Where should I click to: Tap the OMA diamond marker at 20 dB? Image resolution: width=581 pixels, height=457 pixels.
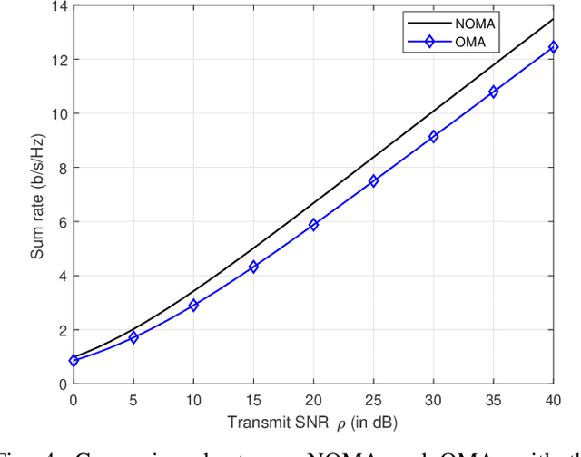click(x=313, y=225)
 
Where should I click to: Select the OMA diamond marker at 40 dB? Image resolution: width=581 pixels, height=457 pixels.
click(x=553, y=47)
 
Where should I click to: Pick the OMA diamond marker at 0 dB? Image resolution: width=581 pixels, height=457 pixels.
click(x=74, y=361)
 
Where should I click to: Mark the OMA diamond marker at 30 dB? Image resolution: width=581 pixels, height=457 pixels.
click(x=433, y=137)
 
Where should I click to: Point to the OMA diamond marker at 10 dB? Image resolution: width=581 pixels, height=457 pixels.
click(x=193, y=306)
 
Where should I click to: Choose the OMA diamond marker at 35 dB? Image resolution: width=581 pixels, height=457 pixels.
click(x=493, y=92)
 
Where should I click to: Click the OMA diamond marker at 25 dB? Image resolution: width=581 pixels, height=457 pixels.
click(x=373, y=181)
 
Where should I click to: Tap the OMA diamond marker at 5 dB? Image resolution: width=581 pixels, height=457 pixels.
click(x=133, y=337)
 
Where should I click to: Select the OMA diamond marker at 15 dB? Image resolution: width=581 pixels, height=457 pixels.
click(x=253, y=267)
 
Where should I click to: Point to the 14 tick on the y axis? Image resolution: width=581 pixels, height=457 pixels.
click(x=62, y=6)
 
